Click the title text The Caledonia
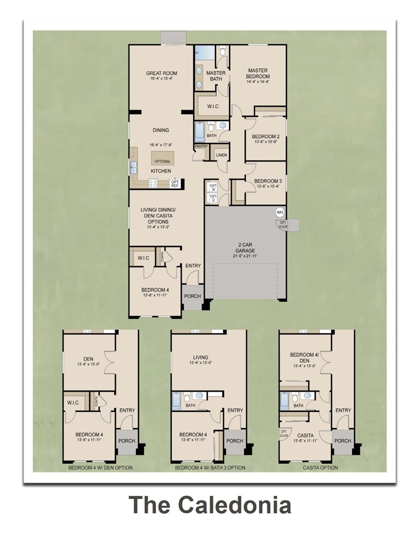(x=210, y=505)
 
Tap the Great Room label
(x=161, y=73)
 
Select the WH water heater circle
(x=279, y=212)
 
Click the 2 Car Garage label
(x=246, y=247)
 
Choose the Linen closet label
(x=222, y=155)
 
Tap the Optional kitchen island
(x=162, y=160)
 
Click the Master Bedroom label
(x=257, y=73)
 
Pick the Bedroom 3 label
(x=268, y=181)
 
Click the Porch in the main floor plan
(x=192, y=296)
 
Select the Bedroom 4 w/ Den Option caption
(x=100, y=468)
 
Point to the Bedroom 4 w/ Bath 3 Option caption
(x=210, y=468)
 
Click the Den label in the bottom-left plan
(x=89, y=359)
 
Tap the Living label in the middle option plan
(x=201, y=357)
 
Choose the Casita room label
(x=305, y=435)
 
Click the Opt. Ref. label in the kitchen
(x=175, y=183)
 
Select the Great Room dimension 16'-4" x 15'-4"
(x=161, y=79)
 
